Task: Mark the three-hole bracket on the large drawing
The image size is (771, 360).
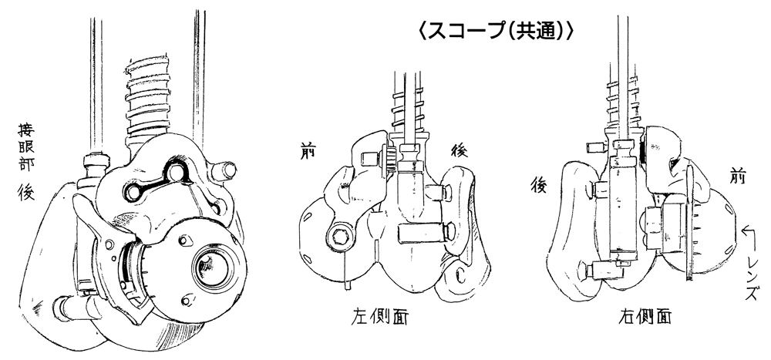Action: (151, 183)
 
